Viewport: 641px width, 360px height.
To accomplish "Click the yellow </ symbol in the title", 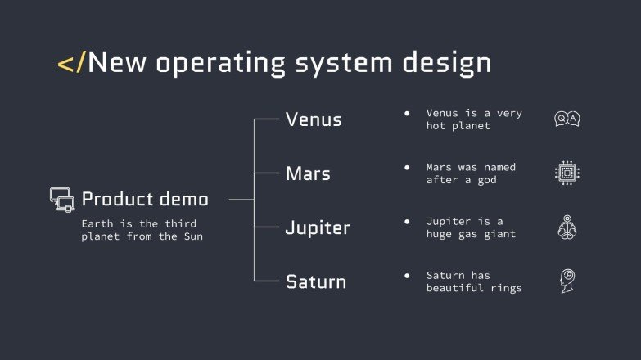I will click(70, 63).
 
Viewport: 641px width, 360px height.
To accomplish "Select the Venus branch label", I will click(314, 119).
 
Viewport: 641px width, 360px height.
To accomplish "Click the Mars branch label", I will click(308, 173).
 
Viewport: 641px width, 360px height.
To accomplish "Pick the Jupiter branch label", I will click(318, 228).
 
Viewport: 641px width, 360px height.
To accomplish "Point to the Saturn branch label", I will click(316, 282).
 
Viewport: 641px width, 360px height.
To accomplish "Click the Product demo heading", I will click(145, 199).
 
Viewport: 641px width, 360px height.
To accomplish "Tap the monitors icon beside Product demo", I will click(62, 200).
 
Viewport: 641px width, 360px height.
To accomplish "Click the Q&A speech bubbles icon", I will click(567, 119).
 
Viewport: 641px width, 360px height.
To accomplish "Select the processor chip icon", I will click(567, 173).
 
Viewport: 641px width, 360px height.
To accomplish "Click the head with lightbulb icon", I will click(567, 281).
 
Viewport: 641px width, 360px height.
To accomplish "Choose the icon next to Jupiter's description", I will click(567, 227).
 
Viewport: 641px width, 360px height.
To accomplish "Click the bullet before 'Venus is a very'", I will click(407, 113).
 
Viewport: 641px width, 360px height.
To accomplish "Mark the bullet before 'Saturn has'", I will click(407, 275).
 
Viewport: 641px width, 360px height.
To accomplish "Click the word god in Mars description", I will click(487, 180).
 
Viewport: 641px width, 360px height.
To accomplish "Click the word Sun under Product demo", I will click(192, 237).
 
